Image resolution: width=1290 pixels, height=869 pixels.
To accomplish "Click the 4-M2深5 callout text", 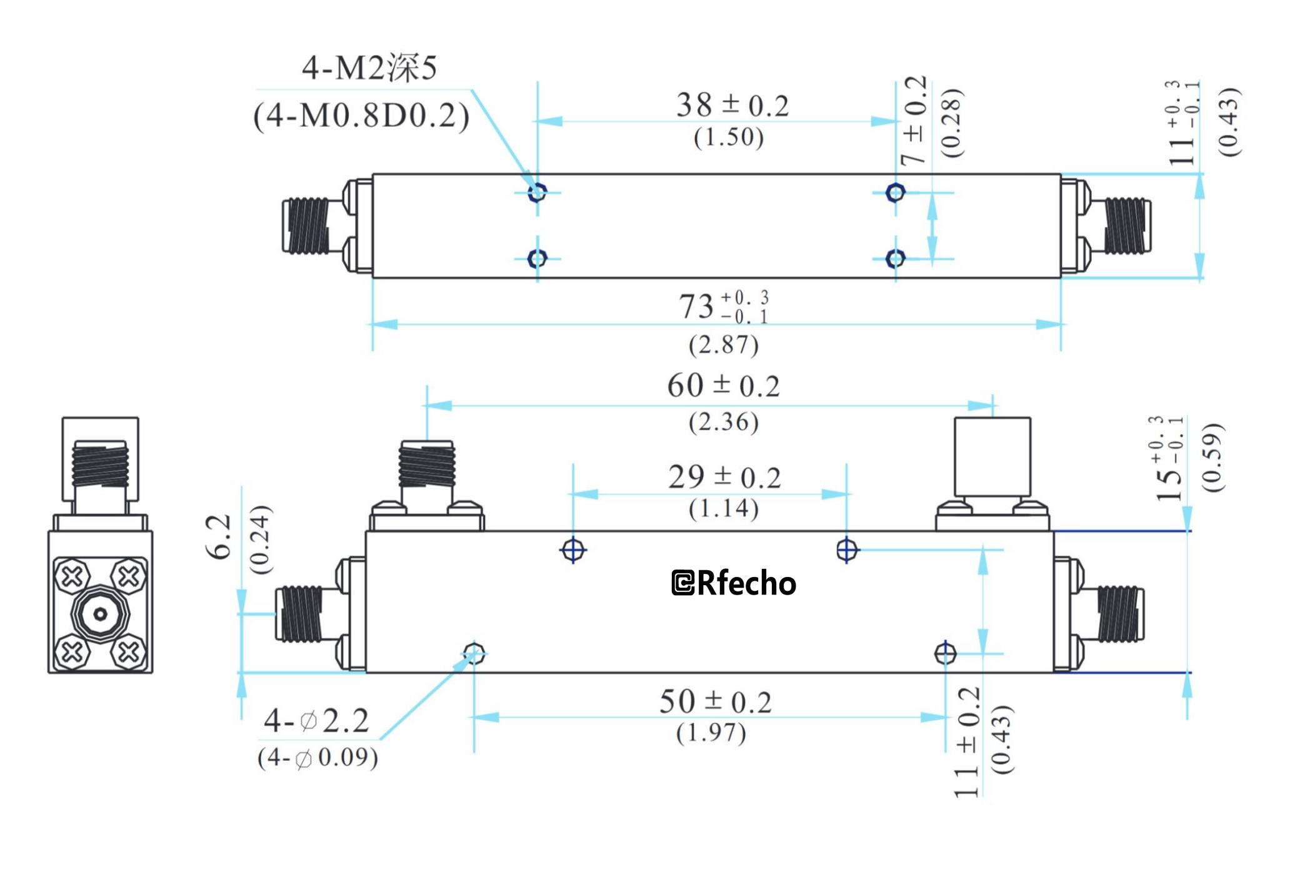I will [369, 68].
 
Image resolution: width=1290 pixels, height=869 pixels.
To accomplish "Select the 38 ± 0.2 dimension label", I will [732, 105].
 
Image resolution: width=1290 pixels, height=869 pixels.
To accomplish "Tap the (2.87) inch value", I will [723, 344].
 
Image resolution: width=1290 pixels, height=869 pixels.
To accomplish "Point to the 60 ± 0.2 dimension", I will [723, 386].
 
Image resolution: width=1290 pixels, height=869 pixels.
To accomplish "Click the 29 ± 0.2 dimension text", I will [724, 478].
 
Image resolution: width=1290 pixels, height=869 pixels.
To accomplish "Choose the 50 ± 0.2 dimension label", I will [715, 701].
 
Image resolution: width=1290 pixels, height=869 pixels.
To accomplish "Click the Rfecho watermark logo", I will [734, 583].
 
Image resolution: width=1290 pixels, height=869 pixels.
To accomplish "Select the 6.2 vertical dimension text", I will [219, 536].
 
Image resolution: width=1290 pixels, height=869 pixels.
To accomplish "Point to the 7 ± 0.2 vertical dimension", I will [913, 121].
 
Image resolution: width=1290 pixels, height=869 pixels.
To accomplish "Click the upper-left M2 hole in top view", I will [537, 192].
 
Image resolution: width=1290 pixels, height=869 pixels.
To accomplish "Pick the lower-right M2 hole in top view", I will [895, 258].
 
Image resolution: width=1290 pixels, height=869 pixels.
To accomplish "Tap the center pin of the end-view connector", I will [100, 615].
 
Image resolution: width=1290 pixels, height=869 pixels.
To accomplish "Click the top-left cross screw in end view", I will [72, 576].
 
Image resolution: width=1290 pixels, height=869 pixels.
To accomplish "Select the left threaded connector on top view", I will [306, 226].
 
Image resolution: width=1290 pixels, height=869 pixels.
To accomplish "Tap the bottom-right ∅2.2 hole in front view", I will [945, 653].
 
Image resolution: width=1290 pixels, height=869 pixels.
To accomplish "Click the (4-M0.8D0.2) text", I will [361, 116].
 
